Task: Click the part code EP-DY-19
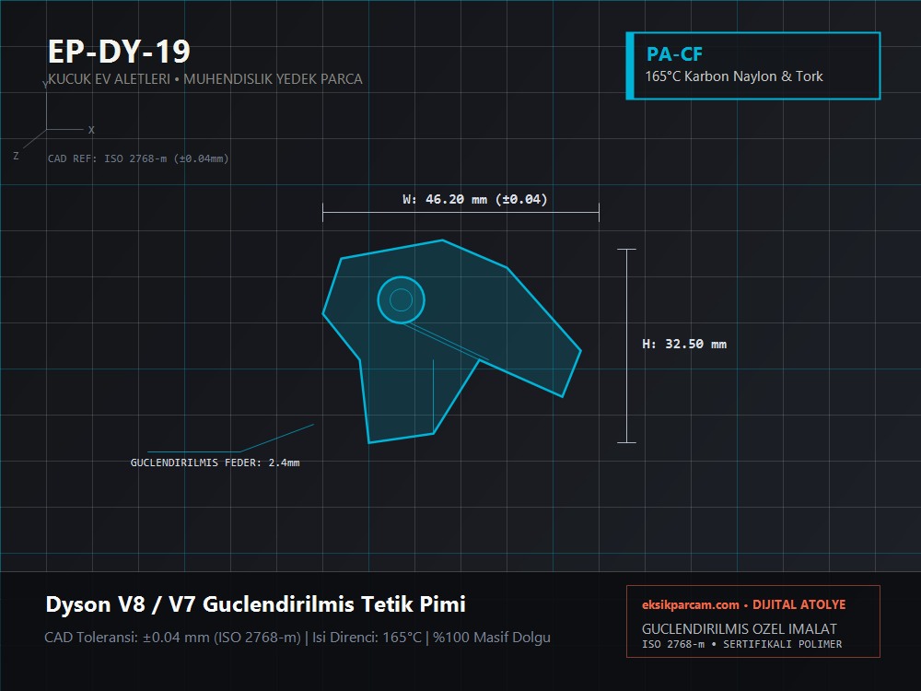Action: (119, 51)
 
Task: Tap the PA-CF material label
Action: (674, 54)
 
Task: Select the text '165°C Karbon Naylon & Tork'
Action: (734, 76)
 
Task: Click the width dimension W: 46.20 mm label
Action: (474, 199)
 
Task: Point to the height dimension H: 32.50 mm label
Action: (684, 344)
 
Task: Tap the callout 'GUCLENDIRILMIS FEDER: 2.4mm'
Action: (215, 463)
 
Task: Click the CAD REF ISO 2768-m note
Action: (138, 158)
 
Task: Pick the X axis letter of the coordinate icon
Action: (91, 130)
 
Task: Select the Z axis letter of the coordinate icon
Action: (16, 156)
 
